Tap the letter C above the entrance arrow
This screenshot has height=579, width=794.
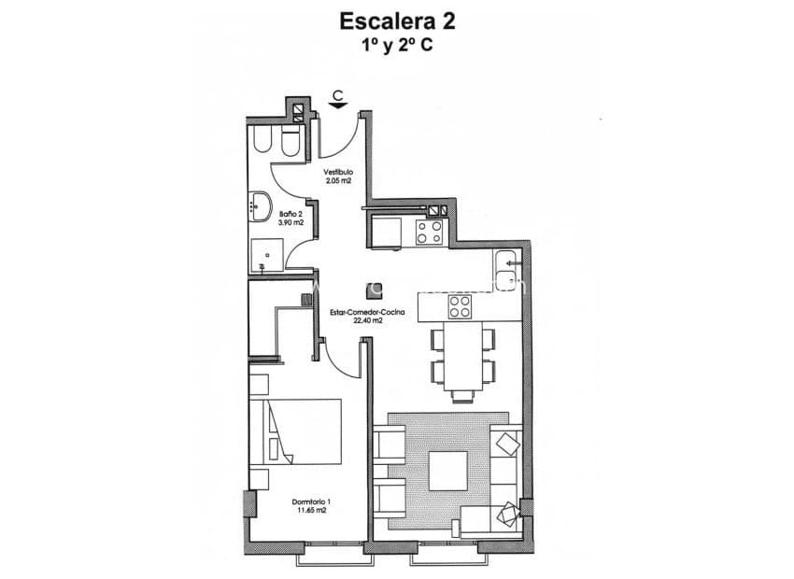[x=340, y=93]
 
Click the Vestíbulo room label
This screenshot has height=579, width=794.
[x=338, y=173]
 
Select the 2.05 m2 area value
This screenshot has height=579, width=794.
[x=338, y=181]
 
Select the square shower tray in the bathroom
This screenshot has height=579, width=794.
[x=266, y=251]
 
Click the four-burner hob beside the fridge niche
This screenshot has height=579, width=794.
[x=430, y=231]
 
